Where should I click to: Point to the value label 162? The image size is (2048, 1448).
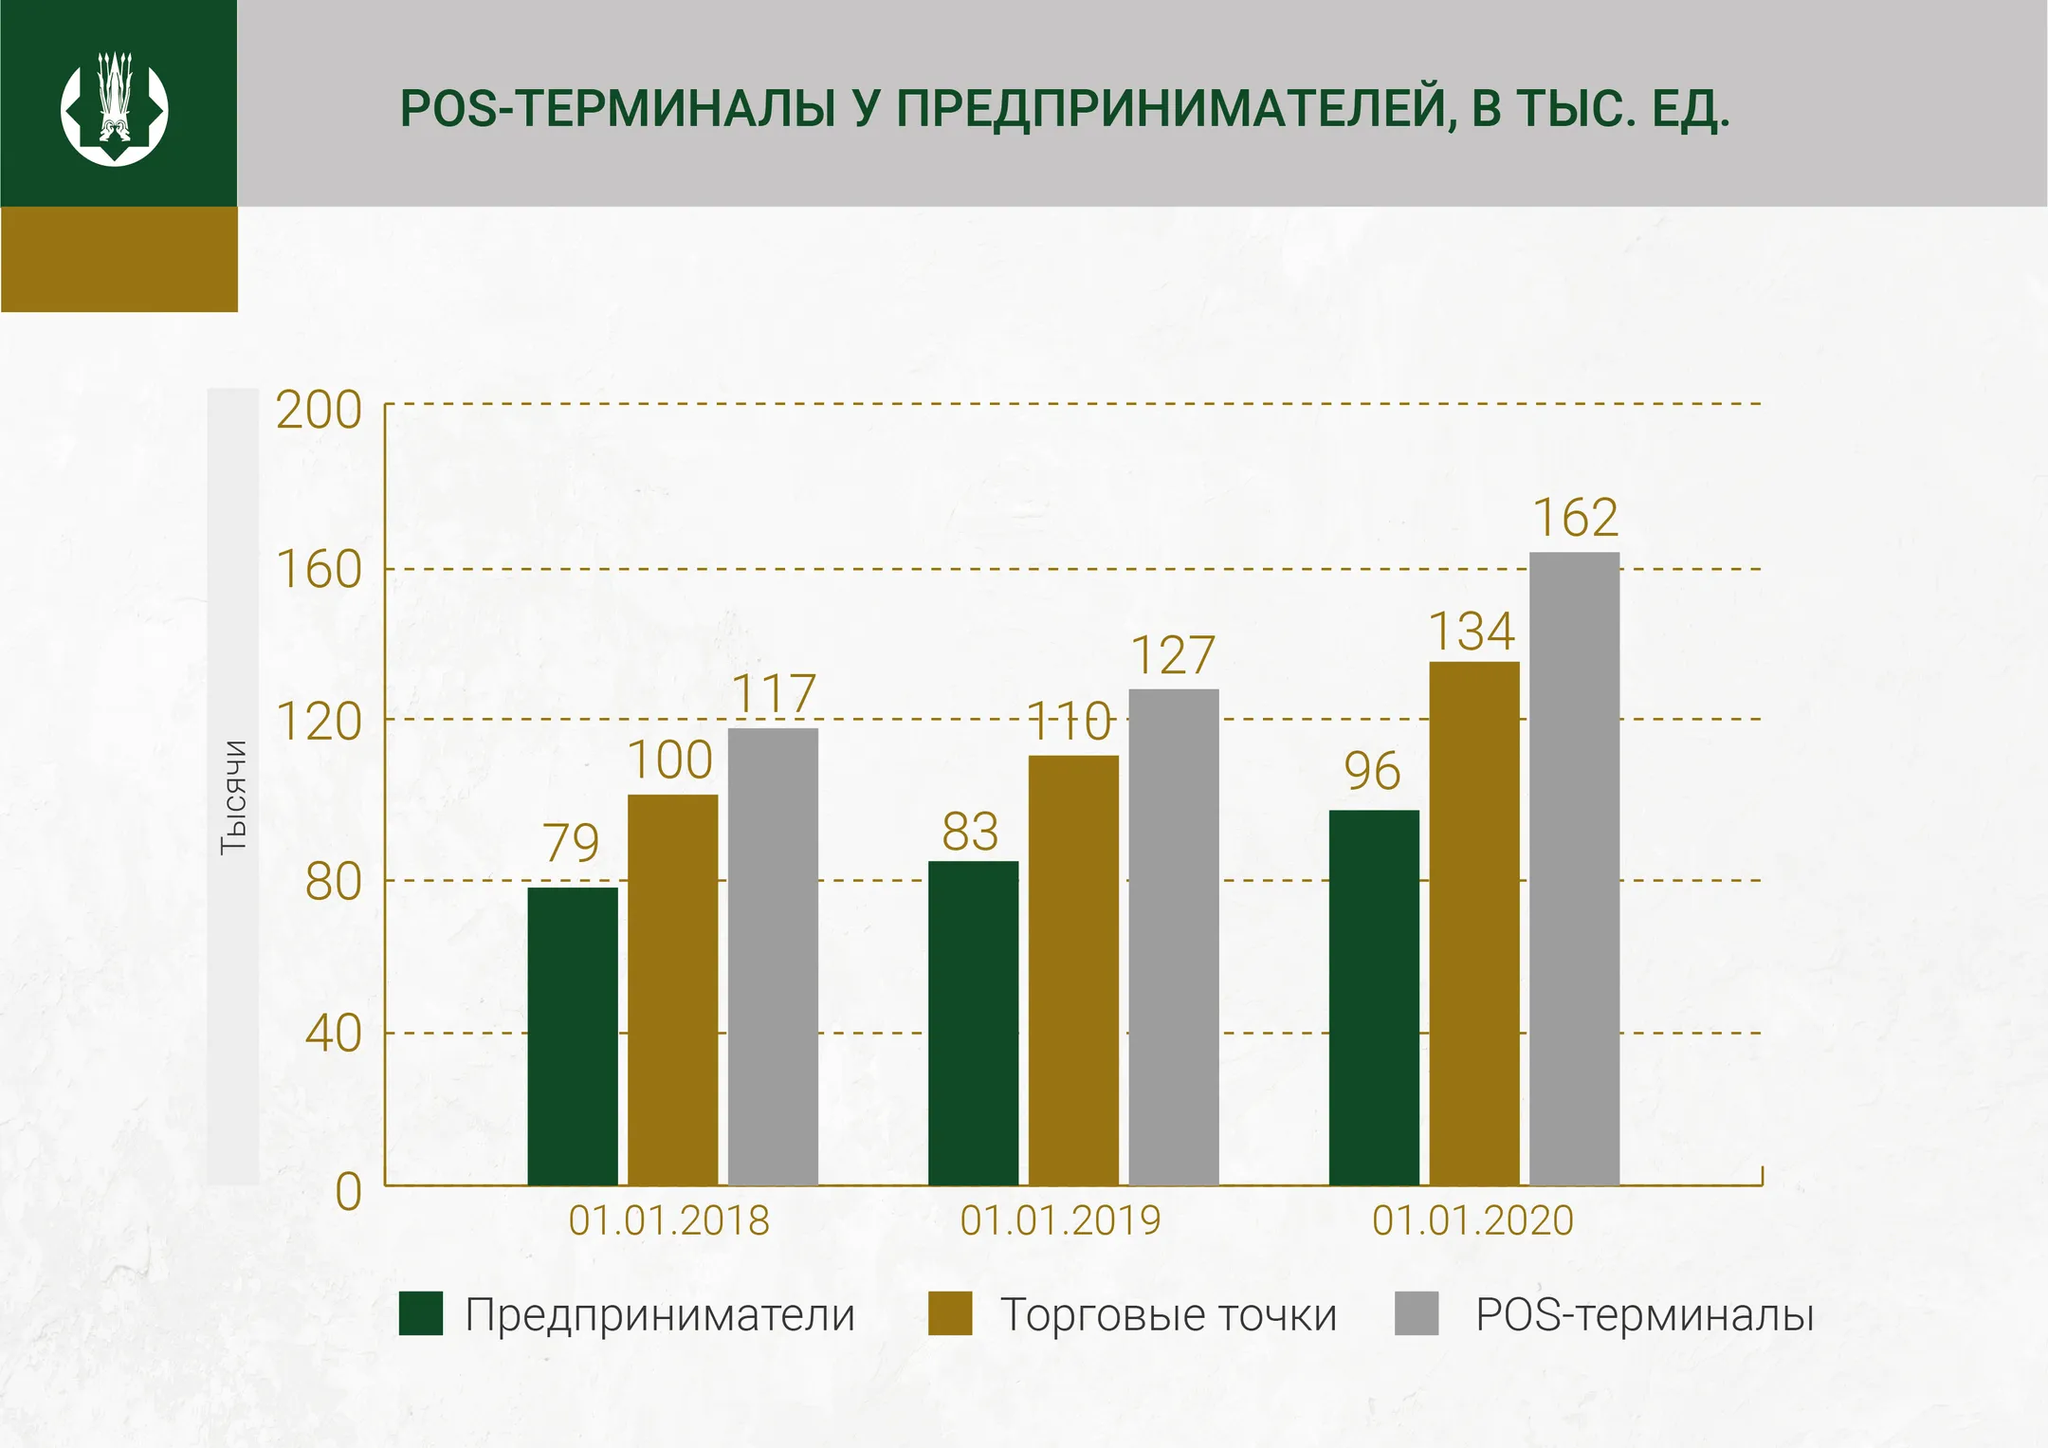click(x=1575, y=519)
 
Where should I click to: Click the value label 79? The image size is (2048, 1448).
click(x=571, y=843)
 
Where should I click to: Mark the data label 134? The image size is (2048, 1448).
click(x=1472, y=632)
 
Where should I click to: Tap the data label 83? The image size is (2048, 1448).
click(x=970, y=833)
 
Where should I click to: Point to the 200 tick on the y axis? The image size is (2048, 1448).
click(x=319, y=411)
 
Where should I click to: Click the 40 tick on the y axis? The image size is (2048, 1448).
click(x=333, y=1033)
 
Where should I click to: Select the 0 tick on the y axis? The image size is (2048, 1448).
click(x=348, y=1191)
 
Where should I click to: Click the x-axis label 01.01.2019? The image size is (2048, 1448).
click(x=1060, y=1220)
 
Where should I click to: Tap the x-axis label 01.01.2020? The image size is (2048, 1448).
click(x=1472, y=1220)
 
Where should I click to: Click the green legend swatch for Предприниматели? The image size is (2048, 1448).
click(x=420, y=1313)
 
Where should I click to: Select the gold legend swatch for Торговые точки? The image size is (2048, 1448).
click(x=950, y=1313)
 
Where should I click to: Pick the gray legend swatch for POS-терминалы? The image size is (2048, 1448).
click(x=1417, y=1313)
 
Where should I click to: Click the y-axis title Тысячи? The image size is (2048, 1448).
click(x=233, y=797)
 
